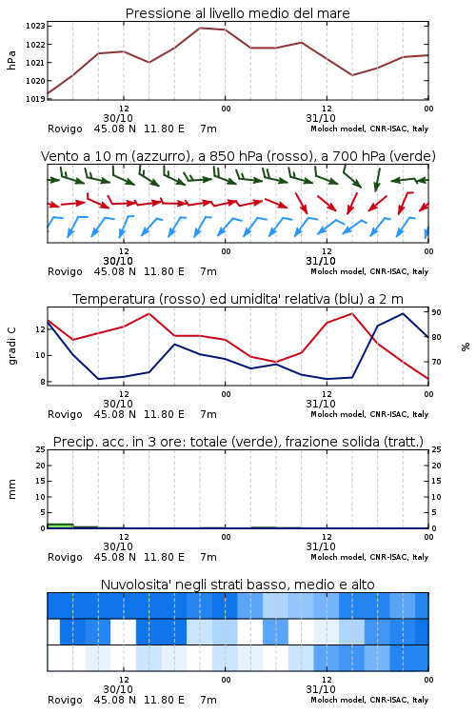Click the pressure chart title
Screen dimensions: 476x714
click(x=237, y=13)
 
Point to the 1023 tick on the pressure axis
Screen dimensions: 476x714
click(x=35, y=26)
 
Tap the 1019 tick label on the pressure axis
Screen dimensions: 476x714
click(x=35, y=99)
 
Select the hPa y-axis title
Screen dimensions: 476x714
click(x=11, y=61)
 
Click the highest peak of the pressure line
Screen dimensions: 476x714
click(x=200, y=28)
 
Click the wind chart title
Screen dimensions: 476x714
click(x=238, y=156)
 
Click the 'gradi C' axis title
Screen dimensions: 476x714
click(x=11, y=347)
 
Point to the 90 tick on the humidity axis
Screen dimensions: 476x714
click(x=436, y=312)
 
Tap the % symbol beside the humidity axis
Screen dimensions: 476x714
click(x=466, y=347)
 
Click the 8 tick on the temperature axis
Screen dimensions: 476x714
click(x=42, y=382)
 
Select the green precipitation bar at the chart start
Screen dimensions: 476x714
click(x=60, y=526)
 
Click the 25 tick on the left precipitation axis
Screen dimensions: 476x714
click(x=41, y=450)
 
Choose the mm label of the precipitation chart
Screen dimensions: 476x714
click(x=11, y=489)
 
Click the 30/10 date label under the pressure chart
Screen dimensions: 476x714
click(x=118, y=118)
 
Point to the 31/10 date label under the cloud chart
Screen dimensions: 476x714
click(x=321, y=689)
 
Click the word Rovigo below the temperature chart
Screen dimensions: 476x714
click(x=65, y=414)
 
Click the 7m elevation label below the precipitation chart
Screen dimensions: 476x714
click(x=208, y=557)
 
